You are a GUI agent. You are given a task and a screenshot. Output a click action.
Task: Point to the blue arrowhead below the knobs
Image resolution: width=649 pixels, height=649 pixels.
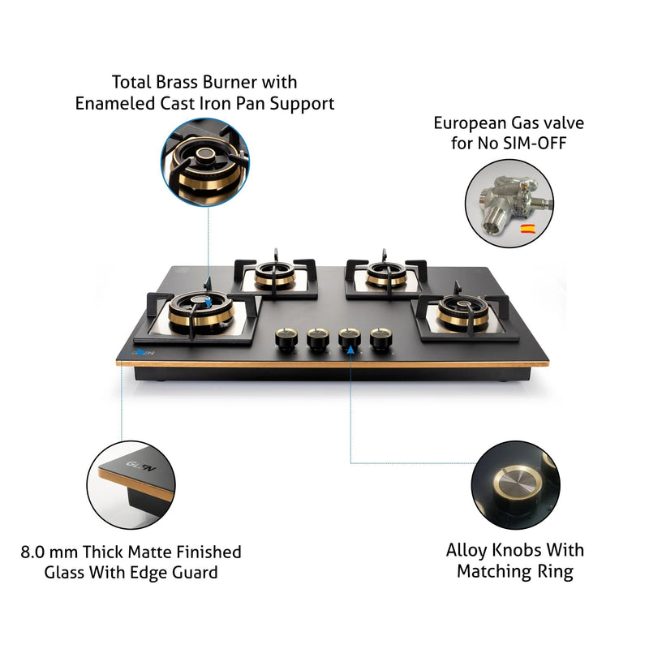pos(350,350)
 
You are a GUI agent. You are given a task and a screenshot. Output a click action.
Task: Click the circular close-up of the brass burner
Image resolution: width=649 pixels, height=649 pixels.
pos(205,159)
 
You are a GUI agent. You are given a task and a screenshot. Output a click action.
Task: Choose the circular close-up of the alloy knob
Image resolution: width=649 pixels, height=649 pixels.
pos(514,484)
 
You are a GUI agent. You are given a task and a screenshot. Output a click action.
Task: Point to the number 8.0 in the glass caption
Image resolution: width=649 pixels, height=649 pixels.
pos(36,552)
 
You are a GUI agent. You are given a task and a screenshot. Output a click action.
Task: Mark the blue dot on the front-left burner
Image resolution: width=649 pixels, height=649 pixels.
pos(209,302)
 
